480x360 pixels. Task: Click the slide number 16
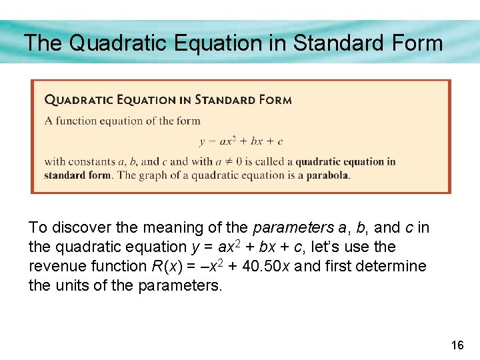click(x=457, y=345)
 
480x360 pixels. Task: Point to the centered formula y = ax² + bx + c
click(x=241, y=141)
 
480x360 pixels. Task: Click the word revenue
click(x=56, y=267)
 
